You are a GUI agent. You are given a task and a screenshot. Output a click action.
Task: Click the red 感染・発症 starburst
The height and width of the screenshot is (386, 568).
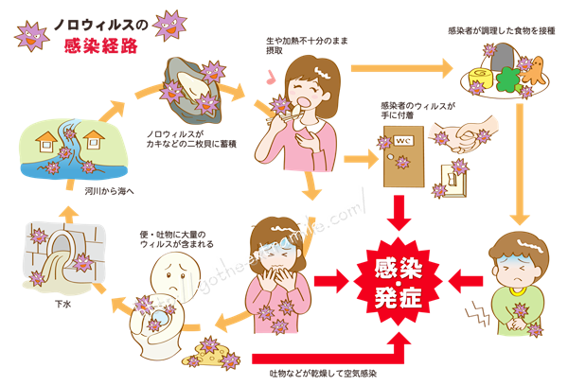click(x=398, y=282)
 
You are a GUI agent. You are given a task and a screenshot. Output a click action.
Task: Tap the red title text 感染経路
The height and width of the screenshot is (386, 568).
click(x=101, y=46)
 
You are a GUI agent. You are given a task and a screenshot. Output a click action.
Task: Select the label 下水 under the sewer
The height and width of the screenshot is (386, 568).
click(x=63, y=304)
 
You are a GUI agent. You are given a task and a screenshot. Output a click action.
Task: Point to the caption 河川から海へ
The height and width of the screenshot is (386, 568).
click(x=109, y=191)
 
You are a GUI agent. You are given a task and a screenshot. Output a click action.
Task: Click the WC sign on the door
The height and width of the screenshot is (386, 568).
click(x=403, y=140)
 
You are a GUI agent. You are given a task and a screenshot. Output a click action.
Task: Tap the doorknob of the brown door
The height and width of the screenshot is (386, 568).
click(x=390, y=157)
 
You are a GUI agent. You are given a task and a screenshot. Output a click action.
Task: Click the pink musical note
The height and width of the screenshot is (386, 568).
click(x=270, y=77)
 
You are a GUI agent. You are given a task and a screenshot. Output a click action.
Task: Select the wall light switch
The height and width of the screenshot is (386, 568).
click(x=453, y=180)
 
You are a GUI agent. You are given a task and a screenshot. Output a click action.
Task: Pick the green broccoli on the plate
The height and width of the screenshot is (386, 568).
click(x=507, y=80)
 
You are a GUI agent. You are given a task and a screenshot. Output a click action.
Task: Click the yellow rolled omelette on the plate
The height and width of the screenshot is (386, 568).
click(x=481, y=79)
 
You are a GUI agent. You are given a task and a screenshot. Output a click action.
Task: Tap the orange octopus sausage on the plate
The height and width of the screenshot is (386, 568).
click(x=532, y=71)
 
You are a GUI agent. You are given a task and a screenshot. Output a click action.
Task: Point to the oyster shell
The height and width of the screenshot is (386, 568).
click(x=192, y=90)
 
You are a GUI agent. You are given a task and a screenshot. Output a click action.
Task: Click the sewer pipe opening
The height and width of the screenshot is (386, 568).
click(x=62, y=243)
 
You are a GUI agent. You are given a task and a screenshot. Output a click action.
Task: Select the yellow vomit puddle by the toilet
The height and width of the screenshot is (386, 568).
click(x=211, y=354)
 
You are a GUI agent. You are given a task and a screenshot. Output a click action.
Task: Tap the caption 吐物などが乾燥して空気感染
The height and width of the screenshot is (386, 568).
click(x=323, y=374)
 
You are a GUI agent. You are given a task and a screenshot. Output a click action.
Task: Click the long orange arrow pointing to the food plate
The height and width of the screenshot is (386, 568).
click(x=401, y=68)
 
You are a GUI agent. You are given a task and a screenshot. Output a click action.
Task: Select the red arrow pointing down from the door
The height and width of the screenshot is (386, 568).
click(x=399, y=213)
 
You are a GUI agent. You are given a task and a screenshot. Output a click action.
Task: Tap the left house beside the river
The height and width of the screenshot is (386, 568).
click(x=46, y=142)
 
